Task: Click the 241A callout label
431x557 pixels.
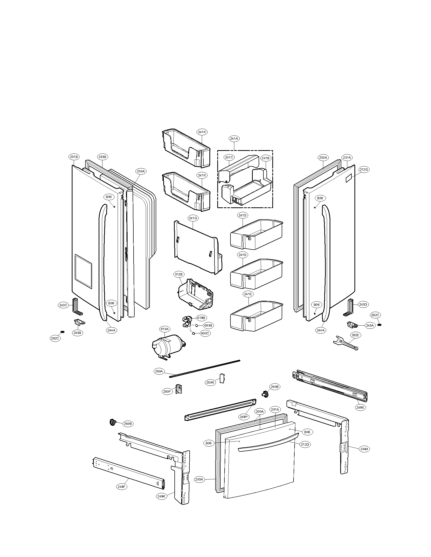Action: click(234, 139)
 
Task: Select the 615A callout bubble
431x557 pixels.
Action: click(165, 329)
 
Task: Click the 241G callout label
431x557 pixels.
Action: click(193, 218)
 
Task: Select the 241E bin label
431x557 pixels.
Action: click(248, 294)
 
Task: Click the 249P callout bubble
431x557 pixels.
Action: click(244, 417)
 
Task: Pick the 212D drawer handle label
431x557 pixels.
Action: click(305, 444)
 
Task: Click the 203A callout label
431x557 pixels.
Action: click(199, 480)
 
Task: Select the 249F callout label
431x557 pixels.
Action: click(121, 487)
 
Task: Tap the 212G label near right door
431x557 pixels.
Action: click(364, 169)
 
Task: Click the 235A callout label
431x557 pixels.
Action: click(140, 171)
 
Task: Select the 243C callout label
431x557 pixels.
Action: click(63, 305)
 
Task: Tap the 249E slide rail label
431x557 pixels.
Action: click(360, 407)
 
